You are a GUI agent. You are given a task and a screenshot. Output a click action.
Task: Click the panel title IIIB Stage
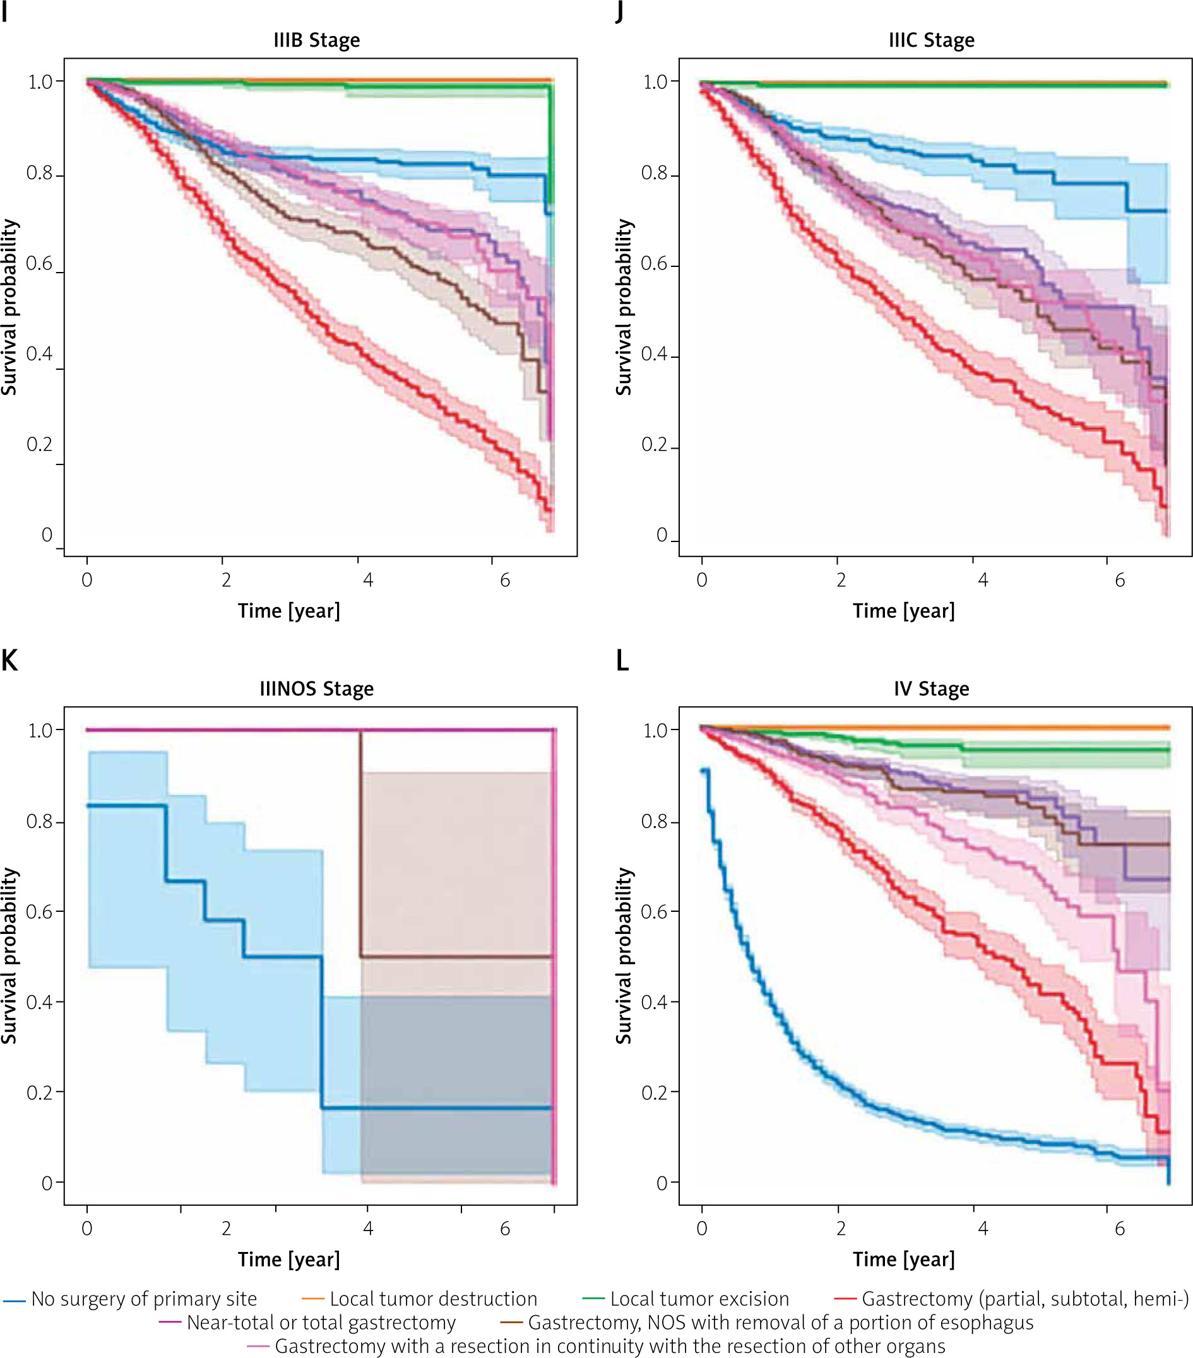[316, 40]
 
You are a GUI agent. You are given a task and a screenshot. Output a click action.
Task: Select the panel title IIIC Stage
[931, 40]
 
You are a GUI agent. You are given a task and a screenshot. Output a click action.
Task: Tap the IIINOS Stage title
[316, 689]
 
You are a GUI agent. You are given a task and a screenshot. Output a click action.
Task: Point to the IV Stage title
[931, 689]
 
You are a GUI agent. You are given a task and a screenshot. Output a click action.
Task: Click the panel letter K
[9, 661]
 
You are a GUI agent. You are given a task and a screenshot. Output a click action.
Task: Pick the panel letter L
[622, 661]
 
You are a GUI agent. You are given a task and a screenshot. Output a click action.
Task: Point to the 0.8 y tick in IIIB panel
[39, 174]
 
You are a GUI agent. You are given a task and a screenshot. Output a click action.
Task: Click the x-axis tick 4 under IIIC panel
[983, 581]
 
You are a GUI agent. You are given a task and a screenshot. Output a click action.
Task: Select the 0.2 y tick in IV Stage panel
[654, 1093]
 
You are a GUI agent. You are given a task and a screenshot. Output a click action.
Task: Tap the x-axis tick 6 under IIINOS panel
[505, 1229]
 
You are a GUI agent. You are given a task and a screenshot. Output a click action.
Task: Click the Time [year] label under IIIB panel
[289, 611]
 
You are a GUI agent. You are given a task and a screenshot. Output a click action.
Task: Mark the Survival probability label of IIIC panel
[624, 307]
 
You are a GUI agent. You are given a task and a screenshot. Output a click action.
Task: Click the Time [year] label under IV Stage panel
[904, 1260]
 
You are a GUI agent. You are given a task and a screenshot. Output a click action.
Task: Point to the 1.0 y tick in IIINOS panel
[40, 731]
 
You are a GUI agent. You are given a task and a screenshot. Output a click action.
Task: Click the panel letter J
[619, 12]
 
